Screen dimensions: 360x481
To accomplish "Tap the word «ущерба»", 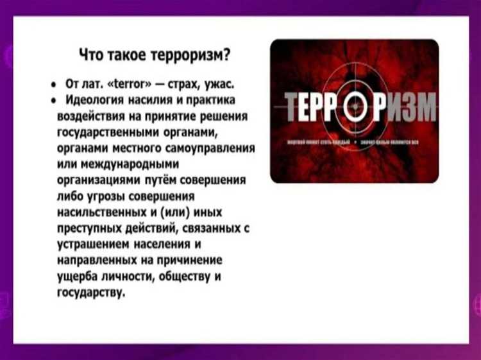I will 74,277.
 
